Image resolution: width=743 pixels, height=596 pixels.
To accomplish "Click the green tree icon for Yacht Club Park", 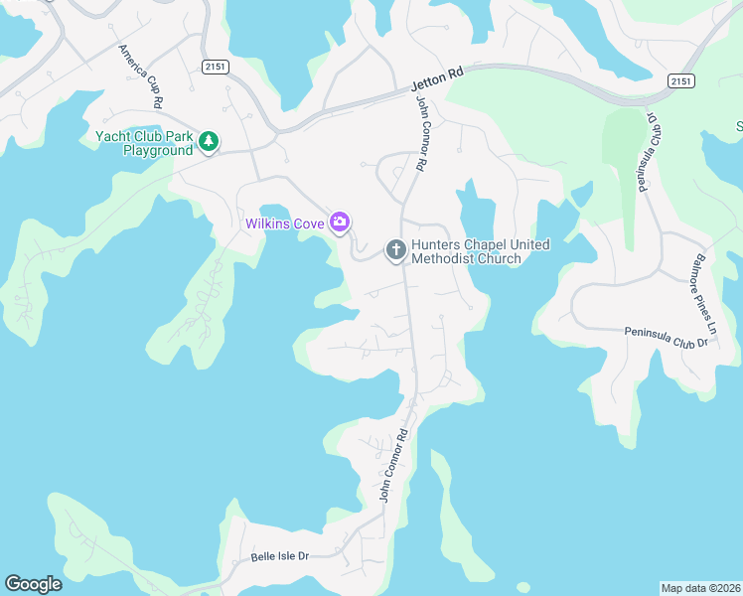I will tap(209, 142).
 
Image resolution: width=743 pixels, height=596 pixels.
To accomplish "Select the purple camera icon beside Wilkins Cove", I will tap(340, 223).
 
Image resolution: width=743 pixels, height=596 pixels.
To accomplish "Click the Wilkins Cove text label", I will tap(285, 223).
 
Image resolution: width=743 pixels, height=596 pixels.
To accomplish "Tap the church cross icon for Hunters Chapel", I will tap(395, 249).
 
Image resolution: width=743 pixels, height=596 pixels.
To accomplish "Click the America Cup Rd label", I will tap(140, 75).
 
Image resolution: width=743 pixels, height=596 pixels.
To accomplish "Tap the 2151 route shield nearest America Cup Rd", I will tap(214, 66).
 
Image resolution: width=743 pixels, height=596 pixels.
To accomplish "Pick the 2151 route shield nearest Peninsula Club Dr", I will tap(680, 80).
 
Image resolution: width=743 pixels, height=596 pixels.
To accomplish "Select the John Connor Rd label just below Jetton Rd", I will tap(423, 133).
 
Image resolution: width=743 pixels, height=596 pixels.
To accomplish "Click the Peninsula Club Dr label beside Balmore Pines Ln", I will tap(665, 337).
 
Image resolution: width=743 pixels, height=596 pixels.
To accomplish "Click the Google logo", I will tap(33, 584).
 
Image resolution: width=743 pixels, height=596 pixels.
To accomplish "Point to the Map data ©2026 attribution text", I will tap(700, 588).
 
